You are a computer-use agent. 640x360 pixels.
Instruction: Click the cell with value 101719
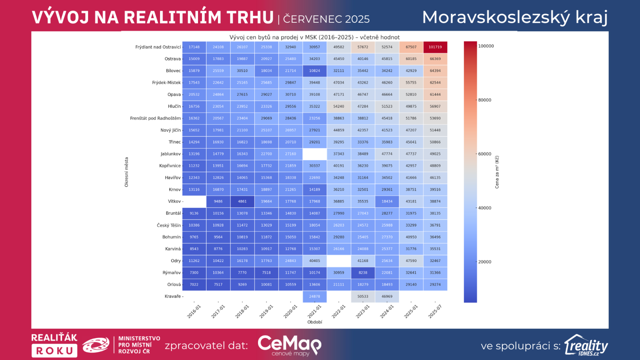click(435, 47)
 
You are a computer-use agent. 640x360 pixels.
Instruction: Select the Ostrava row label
click(173, 59)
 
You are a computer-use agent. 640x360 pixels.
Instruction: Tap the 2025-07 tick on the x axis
click(435, 312)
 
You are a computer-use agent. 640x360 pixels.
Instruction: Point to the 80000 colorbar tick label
click(485, 100)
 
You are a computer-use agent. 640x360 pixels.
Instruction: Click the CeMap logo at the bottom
click(290, 345)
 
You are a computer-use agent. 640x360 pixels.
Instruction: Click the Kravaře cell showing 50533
click(363, 296)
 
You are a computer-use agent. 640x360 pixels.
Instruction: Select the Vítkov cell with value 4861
click(242, 202)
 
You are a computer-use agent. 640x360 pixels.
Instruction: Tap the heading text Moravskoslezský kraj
click(515, 18)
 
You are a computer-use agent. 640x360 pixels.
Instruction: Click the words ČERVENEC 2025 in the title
click(326, 19)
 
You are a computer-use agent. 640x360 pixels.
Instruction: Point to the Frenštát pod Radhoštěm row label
click(155, 118)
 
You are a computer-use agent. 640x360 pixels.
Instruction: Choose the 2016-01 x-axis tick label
click(194, 312)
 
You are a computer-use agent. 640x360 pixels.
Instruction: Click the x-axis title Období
click(315, 322)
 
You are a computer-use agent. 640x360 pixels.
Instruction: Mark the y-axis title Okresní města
click(126, 172)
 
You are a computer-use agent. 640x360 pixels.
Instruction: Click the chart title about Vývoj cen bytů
click(314, 37)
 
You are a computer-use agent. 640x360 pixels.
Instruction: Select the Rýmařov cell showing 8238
click(363, 273)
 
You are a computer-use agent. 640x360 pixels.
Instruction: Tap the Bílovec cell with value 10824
click(314, 71)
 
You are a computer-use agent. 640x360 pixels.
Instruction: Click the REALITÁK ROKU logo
click(54, 345)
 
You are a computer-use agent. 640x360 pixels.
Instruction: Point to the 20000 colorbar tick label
click(485, 262)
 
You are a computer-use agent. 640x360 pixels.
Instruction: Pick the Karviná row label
click(173, 249)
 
